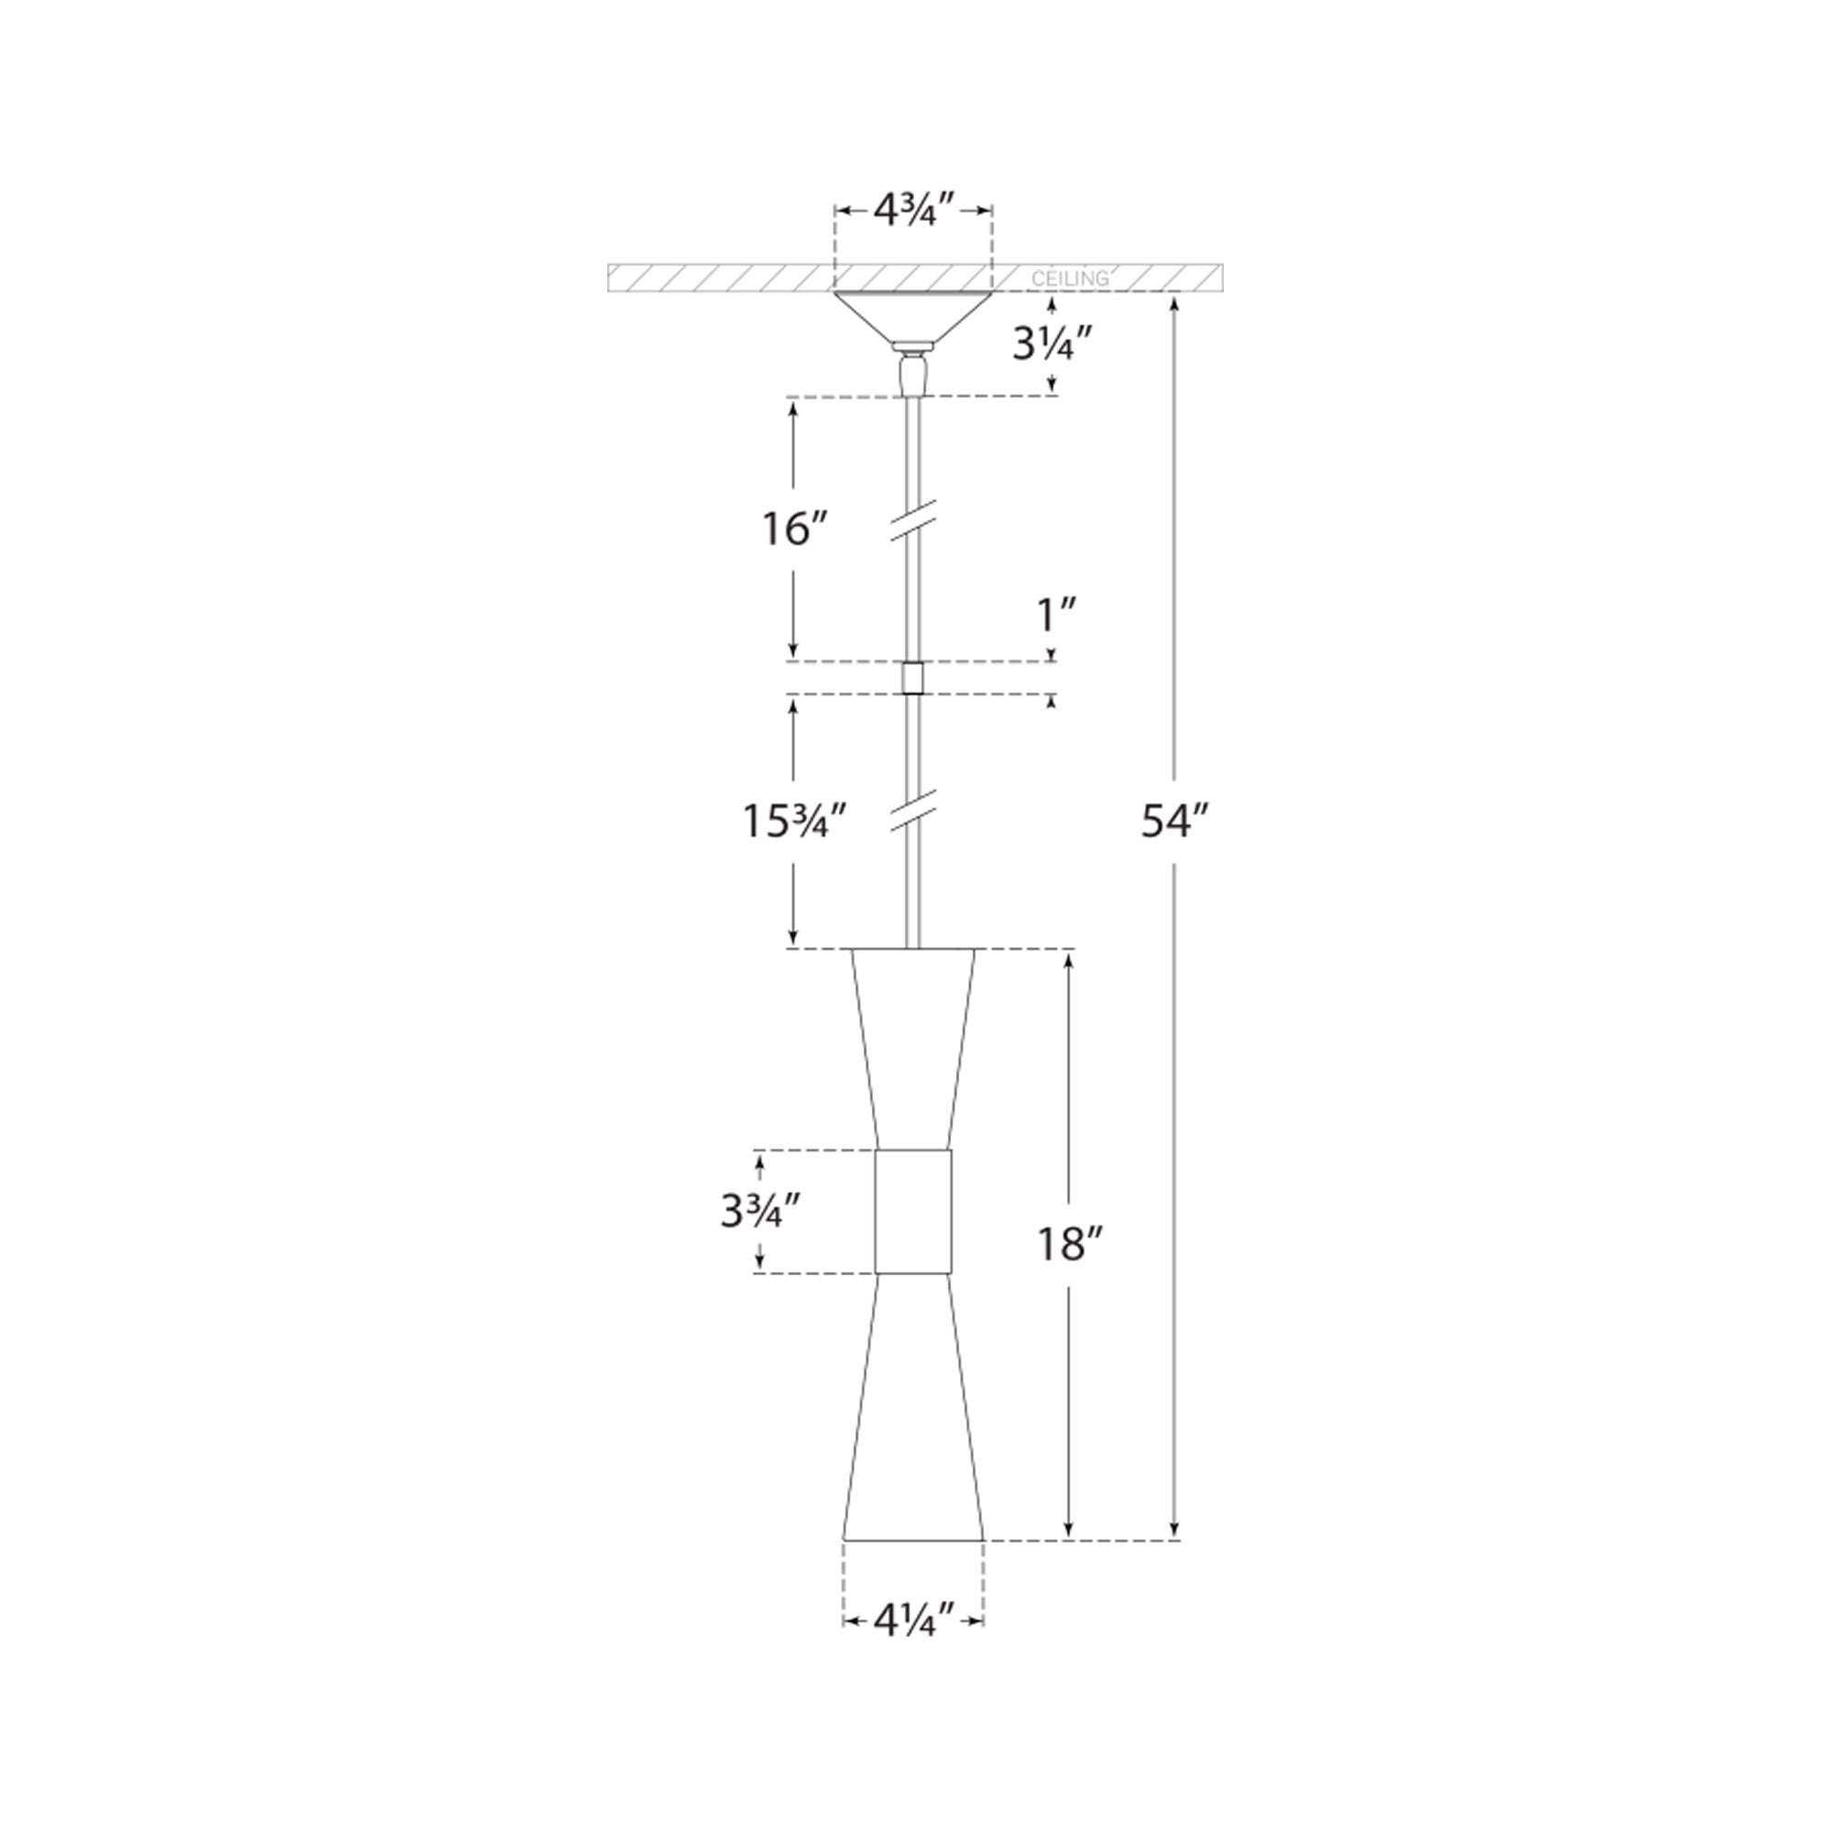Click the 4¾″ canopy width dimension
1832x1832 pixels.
[x=912, y=212]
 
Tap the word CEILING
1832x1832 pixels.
[x=1070, y=278]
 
